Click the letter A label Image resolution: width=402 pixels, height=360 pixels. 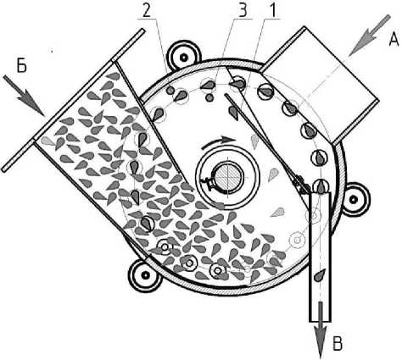pyautogui.click(x=394, y=38)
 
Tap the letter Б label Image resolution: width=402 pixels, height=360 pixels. pyautogui.click(x=22, y=65)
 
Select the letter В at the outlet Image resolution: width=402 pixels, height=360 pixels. pyautogui.click(x=338, y=343)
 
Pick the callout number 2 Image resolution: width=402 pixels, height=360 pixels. pyautogui.click(x=147, y=10)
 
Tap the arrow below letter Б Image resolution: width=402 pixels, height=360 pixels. pyautogui.click(x=25, y=96)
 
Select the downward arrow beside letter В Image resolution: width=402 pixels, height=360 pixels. pyautogui.click(x=321, y=330)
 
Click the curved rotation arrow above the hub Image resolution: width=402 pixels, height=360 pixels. pyautogui.click(x=218, y=142)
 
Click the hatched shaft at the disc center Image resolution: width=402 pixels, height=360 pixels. pyautogui.click(x=227, y=177)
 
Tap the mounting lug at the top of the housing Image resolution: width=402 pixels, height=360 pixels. pyautogui.click(x=184, y=57)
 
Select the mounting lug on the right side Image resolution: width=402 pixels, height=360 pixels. pyautogui.click(x=354, y=200)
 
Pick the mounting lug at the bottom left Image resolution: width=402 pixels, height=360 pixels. pyautogui.click(x=145, y=274)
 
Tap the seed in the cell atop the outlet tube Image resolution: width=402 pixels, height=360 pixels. pyautogui.click(x=321, y=186)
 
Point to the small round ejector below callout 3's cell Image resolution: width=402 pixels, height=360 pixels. pyautogui.click(x=209, y=97)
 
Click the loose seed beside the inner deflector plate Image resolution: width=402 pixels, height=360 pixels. pyautogui.click(x=233, y=113)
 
